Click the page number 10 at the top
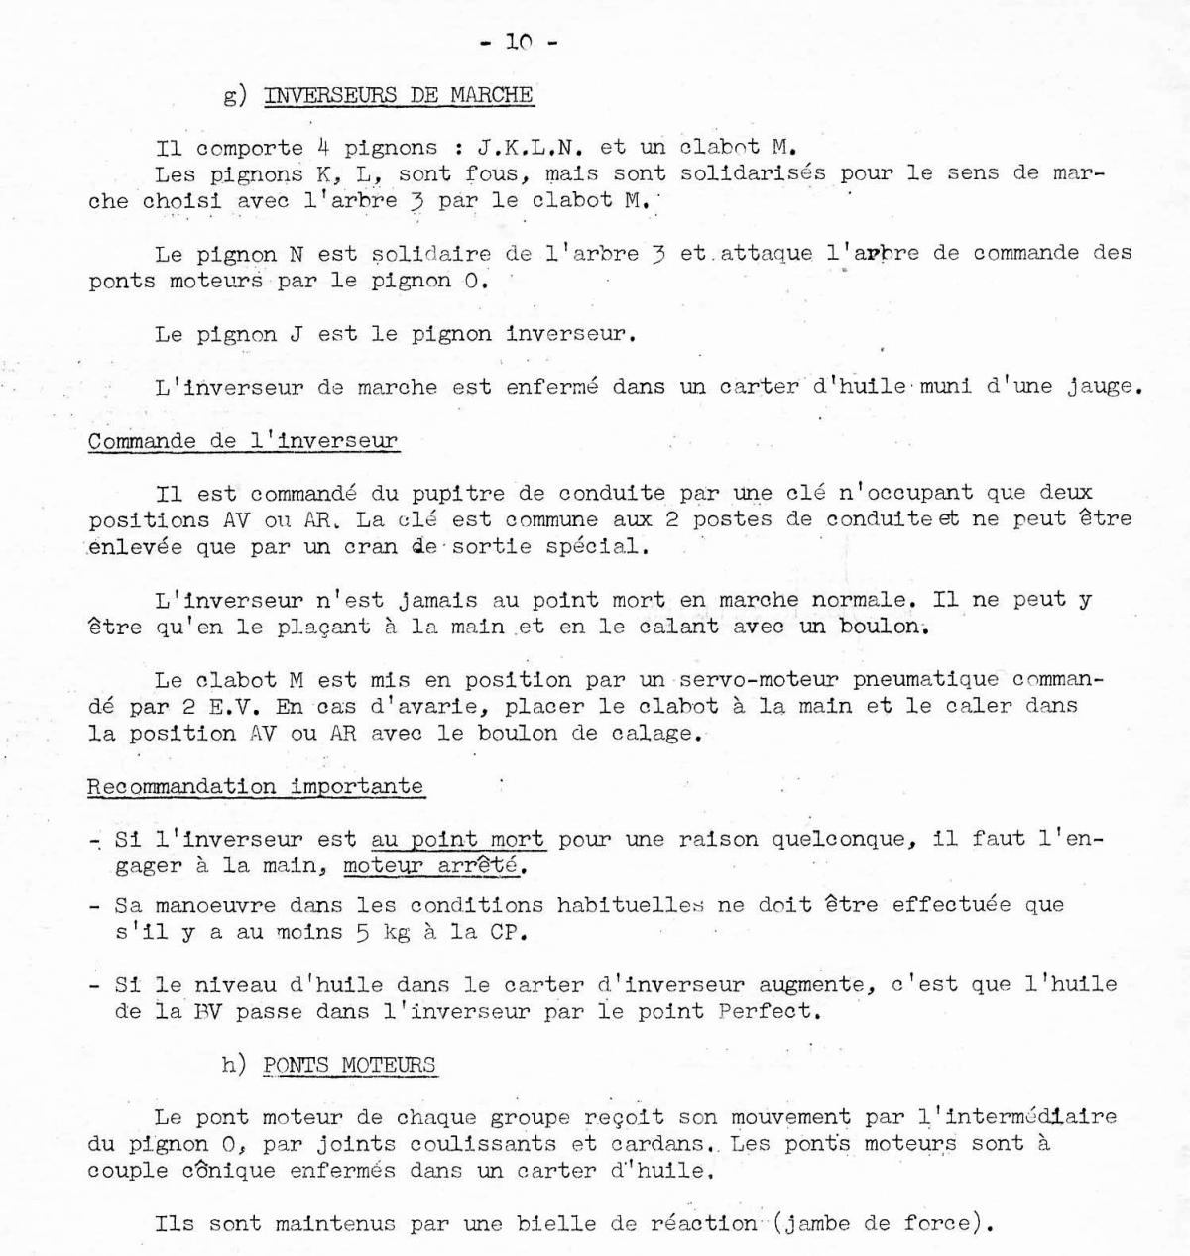pyautogui.click(x=519, y=42)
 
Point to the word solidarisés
pyautogui.click(x=753, y=173)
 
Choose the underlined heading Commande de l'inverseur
pyautogui.click(x=243, y=441)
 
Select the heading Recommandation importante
pyautogui.click(x=255, y=787)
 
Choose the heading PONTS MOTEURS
pyautogui.click(x=349, y=1066)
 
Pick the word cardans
pyautogui.click(x=665, y=1143)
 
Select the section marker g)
pyautogui.click(x=235, y=97)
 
